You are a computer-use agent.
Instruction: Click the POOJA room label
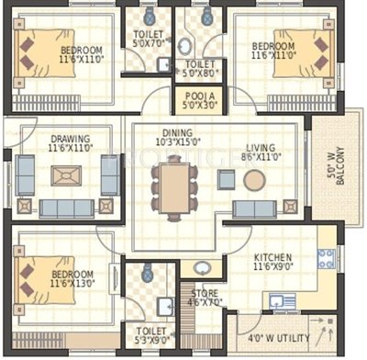point(198,95)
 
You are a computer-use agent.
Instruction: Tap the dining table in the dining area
point(173,184)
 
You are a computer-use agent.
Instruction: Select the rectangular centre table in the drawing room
point(64,174)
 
